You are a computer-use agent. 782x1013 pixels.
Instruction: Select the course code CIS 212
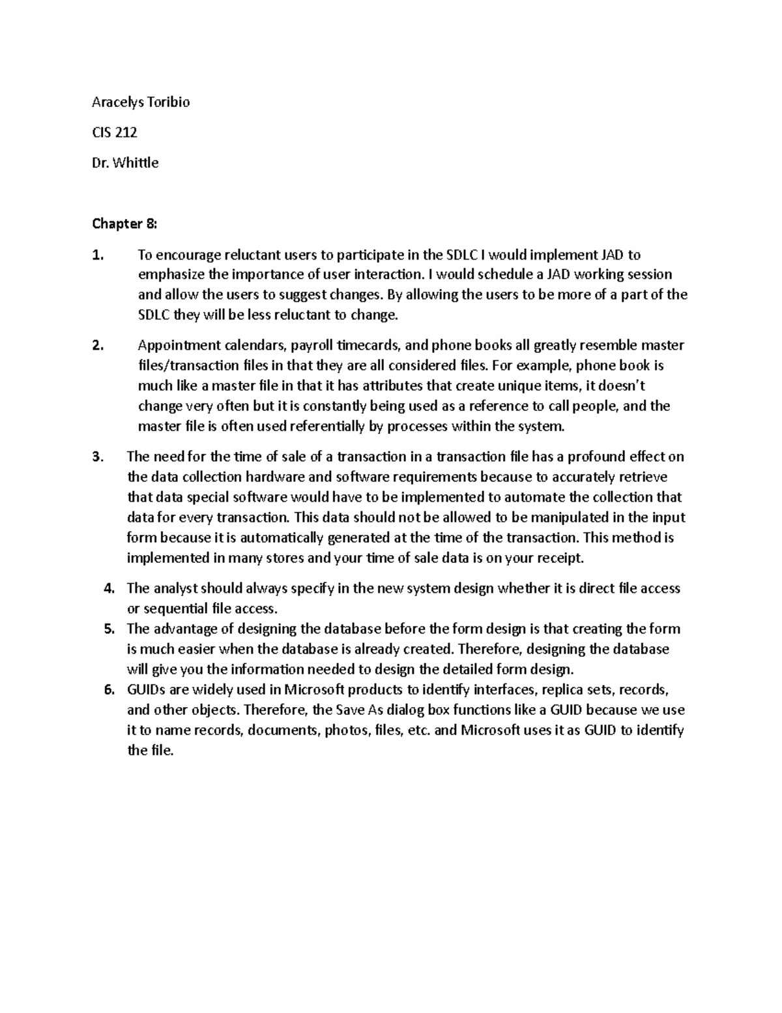[x=115, y=132]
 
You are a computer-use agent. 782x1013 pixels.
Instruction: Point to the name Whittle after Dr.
[x=136, y=163]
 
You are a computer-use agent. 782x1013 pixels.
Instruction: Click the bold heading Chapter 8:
[x=124, y=224]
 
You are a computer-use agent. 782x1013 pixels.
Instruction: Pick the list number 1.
[x=97, y=254]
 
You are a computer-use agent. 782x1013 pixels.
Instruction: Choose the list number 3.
[x=97, y=457]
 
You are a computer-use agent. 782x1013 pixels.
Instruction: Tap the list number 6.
[x=109, y=689]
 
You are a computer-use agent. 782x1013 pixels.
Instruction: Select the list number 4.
[x=109, y=588]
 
